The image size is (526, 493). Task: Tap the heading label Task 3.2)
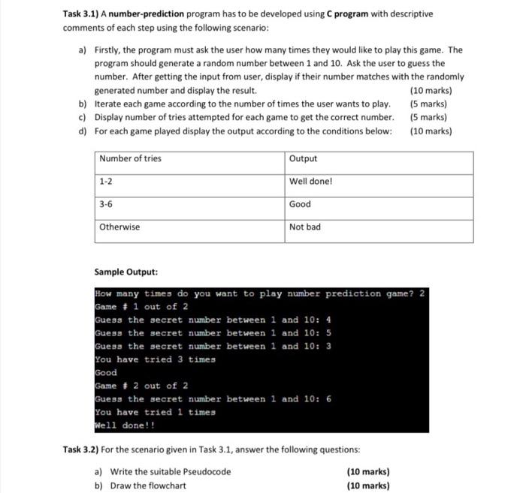(86, 449)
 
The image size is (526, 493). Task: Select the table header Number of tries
(130, 158)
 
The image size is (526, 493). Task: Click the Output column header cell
(303, 158)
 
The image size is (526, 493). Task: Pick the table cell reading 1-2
(106, 182)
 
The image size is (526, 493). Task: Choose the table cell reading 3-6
(106, 204)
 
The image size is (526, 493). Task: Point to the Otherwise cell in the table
(119, 227)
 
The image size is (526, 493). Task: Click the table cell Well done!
(310, 182)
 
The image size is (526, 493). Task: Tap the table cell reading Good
(300, 204)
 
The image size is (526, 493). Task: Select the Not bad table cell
(305, 227)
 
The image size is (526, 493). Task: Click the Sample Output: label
(126, 272)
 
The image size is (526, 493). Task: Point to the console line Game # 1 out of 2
(141, 307)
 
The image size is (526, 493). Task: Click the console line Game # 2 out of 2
(141, 386)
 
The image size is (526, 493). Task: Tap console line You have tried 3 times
(155, 359)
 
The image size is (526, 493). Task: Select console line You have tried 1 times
(155, 412)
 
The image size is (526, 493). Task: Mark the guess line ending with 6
(213, 399)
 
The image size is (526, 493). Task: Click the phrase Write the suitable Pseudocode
(171, 472)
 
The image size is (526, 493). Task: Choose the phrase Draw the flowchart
(149, 485)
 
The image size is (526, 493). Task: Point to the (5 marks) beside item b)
(429, 104)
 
